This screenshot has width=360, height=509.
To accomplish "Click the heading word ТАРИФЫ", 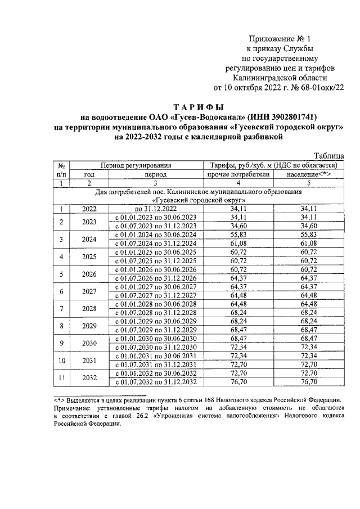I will click(x=197, y=107).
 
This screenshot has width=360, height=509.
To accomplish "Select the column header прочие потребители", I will click(x=238, y=174).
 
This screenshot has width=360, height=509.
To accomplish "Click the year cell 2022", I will click(x=89, y=209).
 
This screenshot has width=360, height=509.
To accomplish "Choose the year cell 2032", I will click(x=89, y=378).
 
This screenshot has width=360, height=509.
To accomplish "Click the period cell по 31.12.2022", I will click(x=155, y=209).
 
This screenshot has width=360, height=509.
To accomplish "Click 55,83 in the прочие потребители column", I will click(x=238, y=234).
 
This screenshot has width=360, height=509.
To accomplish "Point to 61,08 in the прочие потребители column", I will click(x=238, y=242).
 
